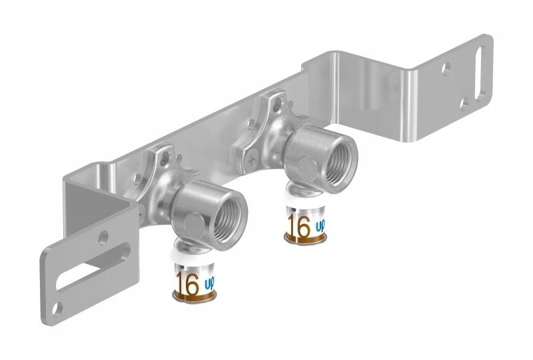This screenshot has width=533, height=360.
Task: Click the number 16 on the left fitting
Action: coord(188,283)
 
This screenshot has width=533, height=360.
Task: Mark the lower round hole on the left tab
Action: coord(59,308)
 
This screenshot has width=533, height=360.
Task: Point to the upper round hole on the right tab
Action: coord(445,67)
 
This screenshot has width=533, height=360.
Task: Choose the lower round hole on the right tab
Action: coord(464,104)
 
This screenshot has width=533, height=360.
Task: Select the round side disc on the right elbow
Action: coord(303,163)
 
